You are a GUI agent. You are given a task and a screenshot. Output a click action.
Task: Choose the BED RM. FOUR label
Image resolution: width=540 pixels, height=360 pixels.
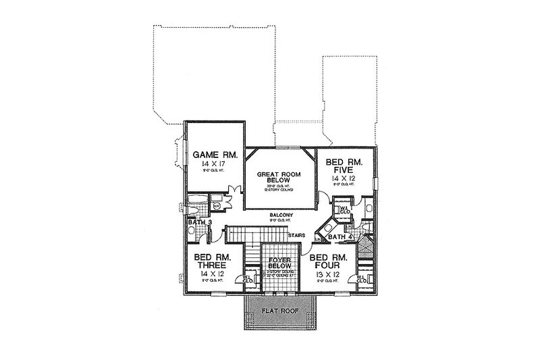click(328, 262)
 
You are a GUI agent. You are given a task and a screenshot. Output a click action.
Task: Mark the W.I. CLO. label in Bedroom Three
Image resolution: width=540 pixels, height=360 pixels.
click(230, 278)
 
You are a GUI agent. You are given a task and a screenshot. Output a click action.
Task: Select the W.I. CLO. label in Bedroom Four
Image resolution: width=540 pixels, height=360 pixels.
click(362, 278)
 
